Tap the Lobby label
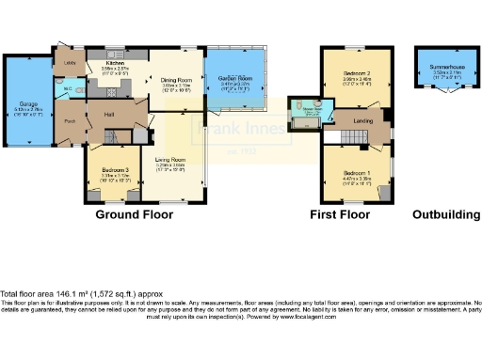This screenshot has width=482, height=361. (x=70, y=64)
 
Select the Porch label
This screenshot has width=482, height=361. (x=70, y=122)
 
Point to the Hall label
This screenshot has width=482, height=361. (x=109, y=114)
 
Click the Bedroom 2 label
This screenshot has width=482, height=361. (x=354, y=71)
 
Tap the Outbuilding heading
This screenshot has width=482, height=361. (x=445, y=214)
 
